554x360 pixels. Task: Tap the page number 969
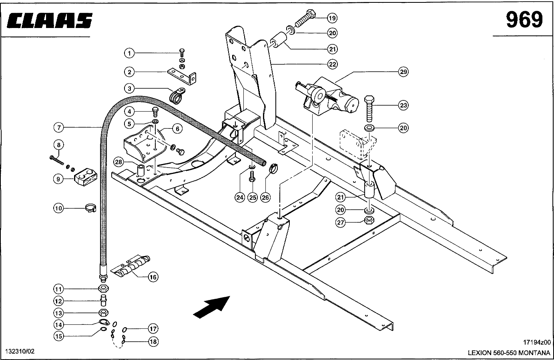click(x=524, y=20)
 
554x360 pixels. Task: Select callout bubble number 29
click(x=403, y=72)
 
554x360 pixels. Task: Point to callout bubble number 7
click(x=59, y=128)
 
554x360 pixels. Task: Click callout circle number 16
click(x=153, y=277)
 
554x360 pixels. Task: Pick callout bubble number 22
click(x=332, y=64)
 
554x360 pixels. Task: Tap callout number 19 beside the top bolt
click(x=332, y=18)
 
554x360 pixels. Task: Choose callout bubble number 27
click(x=340, y=223)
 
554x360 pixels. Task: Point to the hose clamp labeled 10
click(x=92, y=208)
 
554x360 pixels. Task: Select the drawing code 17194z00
click(x=537, y=342)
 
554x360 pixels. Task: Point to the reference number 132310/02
click(x=20, y=351)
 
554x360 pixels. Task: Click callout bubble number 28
click(x=118, y=162)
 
